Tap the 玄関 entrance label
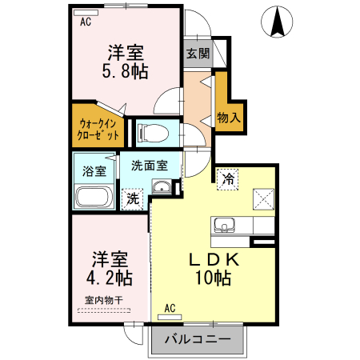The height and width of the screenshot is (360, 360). tap(198, 54)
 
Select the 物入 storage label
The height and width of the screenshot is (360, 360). tap(228, 117)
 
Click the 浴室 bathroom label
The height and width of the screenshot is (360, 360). tap(94, 170)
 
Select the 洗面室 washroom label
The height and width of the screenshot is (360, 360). tap(150, 166)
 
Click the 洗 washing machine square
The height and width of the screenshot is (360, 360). tap(130, 198)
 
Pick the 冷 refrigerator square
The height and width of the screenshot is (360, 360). tap(229, 178)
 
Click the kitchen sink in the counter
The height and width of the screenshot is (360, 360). tap(224, 225)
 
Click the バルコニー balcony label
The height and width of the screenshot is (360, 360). tap(198, 339)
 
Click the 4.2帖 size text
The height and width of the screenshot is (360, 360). tap(110, 279)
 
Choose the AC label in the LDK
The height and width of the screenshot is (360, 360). tap(170, 307)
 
